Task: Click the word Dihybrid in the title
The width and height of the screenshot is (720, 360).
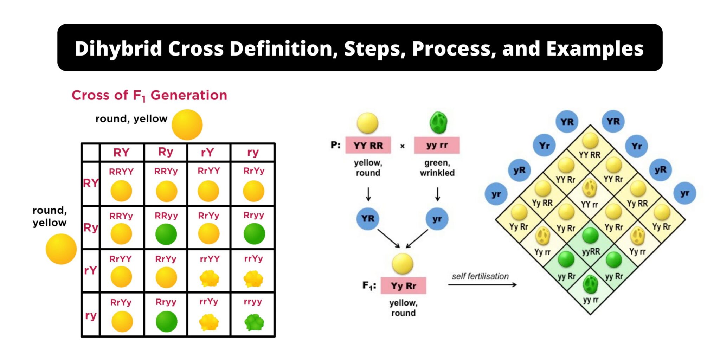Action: point(118,49)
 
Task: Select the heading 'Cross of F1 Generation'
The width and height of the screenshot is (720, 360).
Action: point(149,95)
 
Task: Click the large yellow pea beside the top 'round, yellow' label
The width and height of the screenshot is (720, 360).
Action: point(187,125)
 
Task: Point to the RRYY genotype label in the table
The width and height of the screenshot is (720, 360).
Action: point(121,172)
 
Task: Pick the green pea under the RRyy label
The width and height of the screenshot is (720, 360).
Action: point(166,234)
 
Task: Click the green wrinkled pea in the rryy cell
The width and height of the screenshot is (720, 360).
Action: point(254,322)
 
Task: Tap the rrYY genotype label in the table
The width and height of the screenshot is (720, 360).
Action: point(210,259)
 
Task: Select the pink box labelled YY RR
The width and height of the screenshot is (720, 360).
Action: point(368,145)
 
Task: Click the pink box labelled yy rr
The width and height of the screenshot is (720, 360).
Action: point(437,145)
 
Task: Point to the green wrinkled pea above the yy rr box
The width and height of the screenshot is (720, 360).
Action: point(438,123)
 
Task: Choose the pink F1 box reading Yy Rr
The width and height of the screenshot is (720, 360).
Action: point(404,286)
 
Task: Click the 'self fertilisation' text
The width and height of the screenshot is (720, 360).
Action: point(480,276)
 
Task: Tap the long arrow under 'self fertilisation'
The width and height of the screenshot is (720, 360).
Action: point(482,285)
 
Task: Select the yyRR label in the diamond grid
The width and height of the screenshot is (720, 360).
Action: point(591,252)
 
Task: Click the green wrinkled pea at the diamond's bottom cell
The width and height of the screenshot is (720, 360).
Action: point(590,284)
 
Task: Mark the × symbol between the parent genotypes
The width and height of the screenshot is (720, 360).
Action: point(403,146)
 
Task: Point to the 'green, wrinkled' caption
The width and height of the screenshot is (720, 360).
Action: point(437,168)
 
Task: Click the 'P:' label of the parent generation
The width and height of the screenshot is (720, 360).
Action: point(335,145)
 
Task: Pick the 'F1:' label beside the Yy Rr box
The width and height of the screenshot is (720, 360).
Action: point(369,285)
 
